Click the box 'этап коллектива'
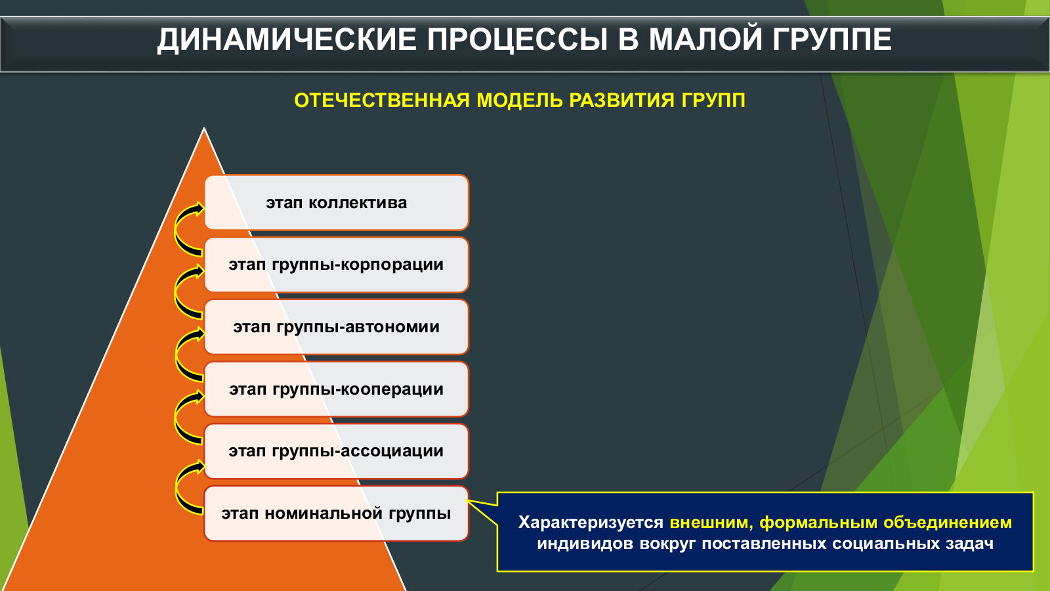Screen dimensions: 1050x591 [337, 203]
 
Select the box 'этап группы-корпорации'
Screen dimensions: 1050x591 [337, 265]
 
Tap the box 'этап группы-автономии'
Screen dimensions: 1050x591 [337, 327]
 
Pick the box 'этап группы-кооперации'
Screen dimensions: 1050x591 [337, 389]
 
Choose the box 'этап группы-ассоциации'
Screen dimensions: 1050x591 [337, 451]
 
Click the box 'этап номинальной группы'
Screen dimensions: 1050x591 [337, 513]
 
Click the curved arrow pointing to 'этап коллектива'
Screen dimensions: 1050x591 [177, 230]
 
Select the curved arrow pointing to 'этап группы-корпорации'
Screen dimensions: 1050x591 [177, 292]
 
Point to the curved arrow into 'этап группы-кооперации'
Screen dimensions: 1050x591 [177, 416]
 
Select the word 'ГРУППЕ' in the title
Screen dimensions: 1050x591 [832, 39]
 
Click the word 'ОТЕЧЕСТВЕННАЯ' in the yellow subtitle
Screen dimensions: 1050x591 [382, 100]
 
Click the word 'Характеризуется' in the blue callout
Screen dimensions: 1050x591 [591, 523]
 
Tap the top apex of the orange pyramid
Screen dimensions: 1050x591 [204, 127]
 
